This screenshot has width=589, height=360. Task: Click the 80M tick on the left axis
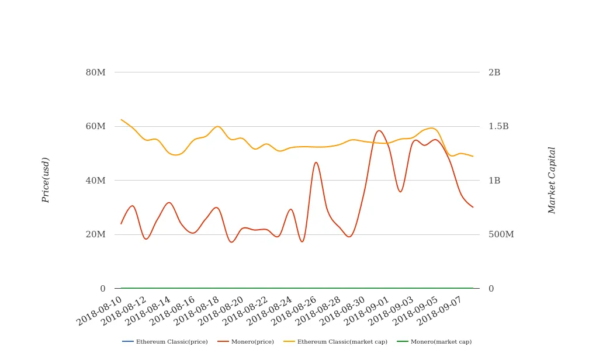[x=96, y=72]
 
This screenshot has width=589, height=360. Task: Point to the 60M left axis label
[x=96, y=126]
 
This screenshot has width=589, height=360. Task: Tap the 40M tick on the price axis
[x=96, y=181]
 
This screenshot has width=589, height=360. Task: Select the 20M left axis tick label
[x=96, y=234]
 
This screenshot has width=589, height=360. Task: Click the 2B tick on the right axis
[x=494, y=72]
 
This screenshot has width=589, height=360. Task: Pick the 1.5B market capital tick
[x=498, y=126]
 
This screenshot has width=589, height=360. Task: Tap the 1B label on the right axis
[x=494, y=181]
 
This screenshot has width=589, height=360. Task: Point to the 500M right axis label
[x=501, y=234]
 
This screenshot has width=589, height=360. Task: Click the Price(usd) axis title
[x=46, y=180]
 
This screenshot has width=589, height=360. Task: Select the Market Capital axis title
[x=552, y=180]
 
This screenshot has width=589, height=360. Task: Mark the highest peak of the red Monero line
[x=379, y=130]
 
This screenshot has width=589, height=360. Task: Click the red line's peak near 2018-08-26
[x=316, y=162]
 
